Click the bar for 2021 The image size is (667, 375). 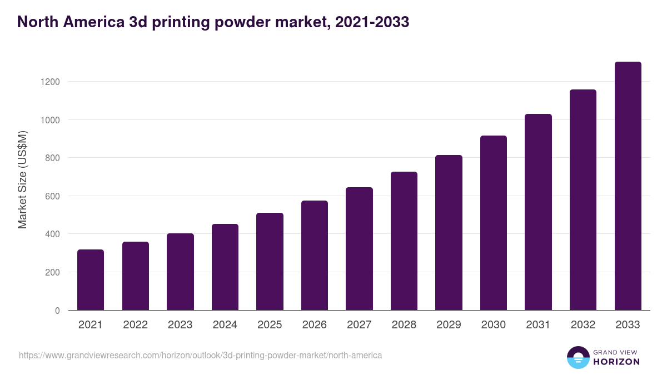91,280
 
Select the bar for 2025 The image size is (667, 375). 270,262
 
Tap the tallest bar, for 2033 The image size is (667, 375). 628,186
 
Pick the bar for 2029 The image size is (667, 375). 449,233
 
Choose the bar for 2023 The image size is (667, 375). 180,272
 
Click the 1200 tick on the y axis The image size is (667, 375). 49,82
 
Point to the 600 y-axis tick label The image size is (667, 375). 52,196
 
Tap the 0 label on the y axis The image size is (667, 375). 57,311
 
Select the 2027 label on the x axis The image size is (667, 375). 359,325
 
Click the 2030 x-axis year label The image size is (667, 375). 493,325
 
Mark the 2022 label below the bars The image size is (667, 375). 135,325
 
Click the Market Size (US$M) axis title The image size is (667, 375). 22,179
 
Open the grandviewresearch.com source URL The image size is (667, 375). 200,355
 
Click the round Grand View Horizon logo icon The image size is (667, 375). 578,357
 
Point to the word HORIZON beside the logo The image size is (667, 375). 616,362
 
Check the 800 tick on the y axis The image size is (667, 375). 52,158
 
